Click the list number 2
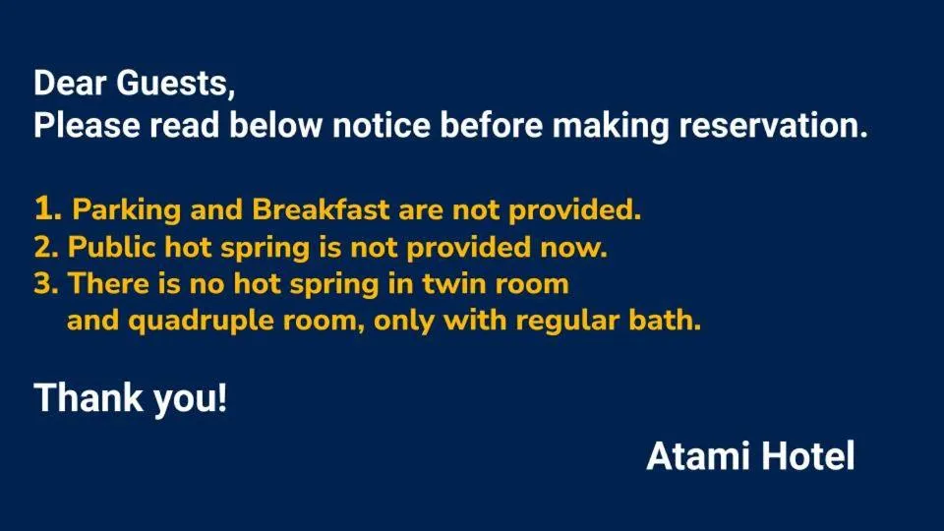tap(43, 247)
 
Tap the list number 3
tap(43, 284)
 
